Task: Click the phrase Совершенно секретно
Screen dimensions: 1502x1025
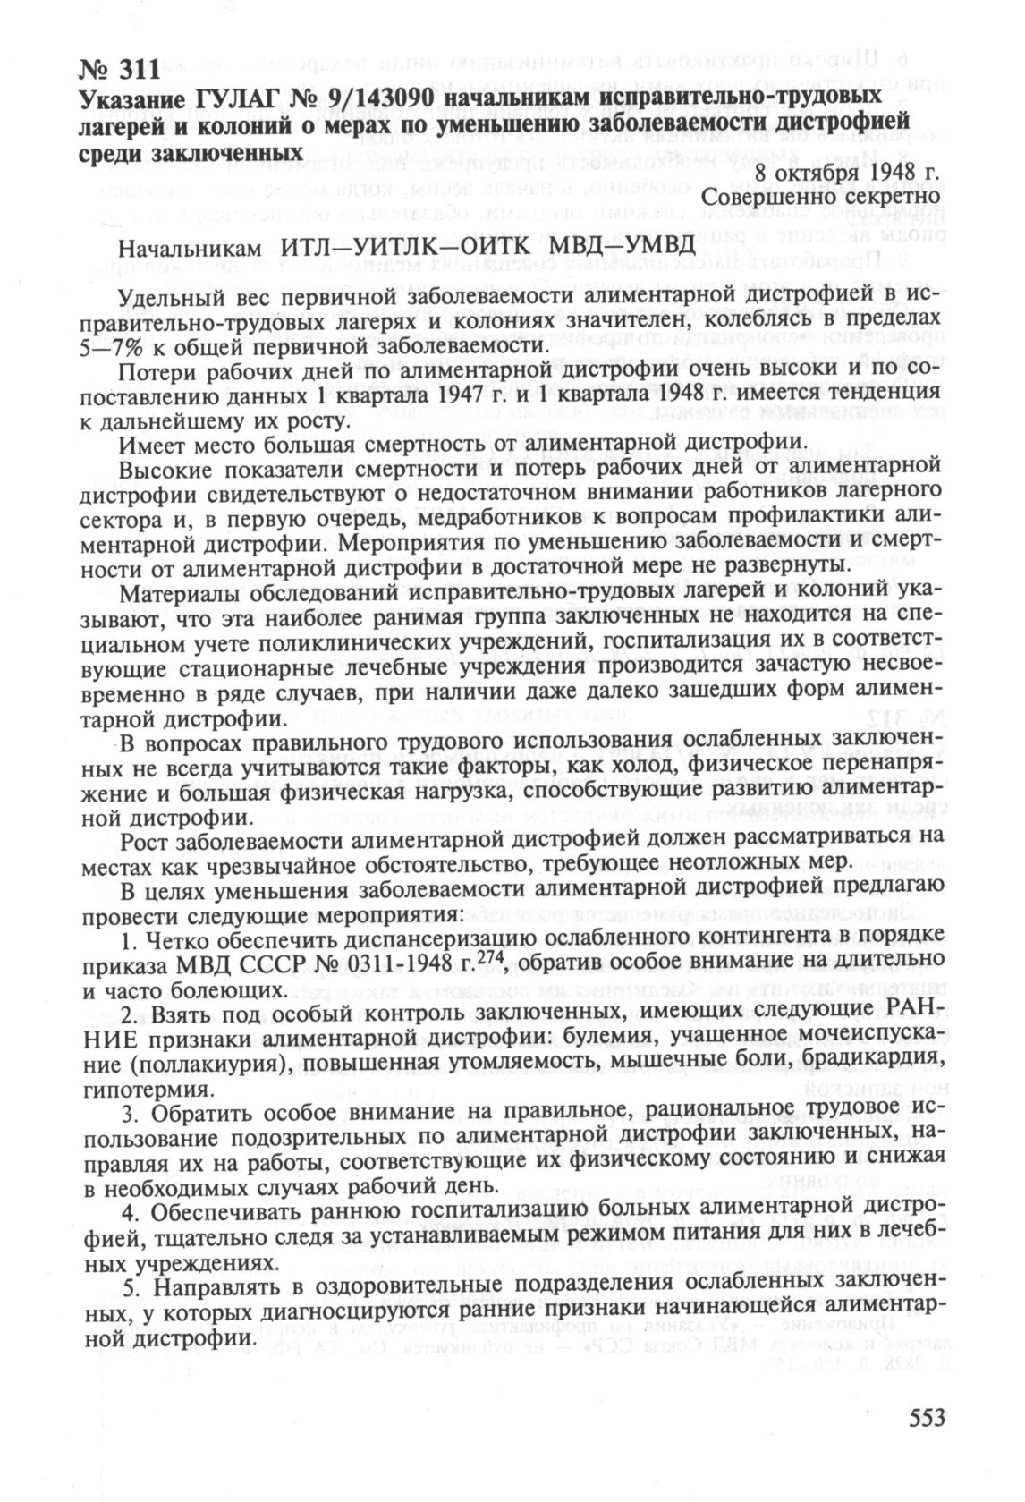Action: tap(822, 195)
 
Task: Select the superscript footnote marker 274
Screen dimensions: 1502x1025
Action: tap(491, 960)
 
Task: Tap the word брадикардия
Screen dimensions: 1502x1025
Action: tap(870, 1065)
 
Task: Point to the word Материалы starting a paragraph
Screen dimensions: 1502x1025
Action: tap(183, 593)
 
